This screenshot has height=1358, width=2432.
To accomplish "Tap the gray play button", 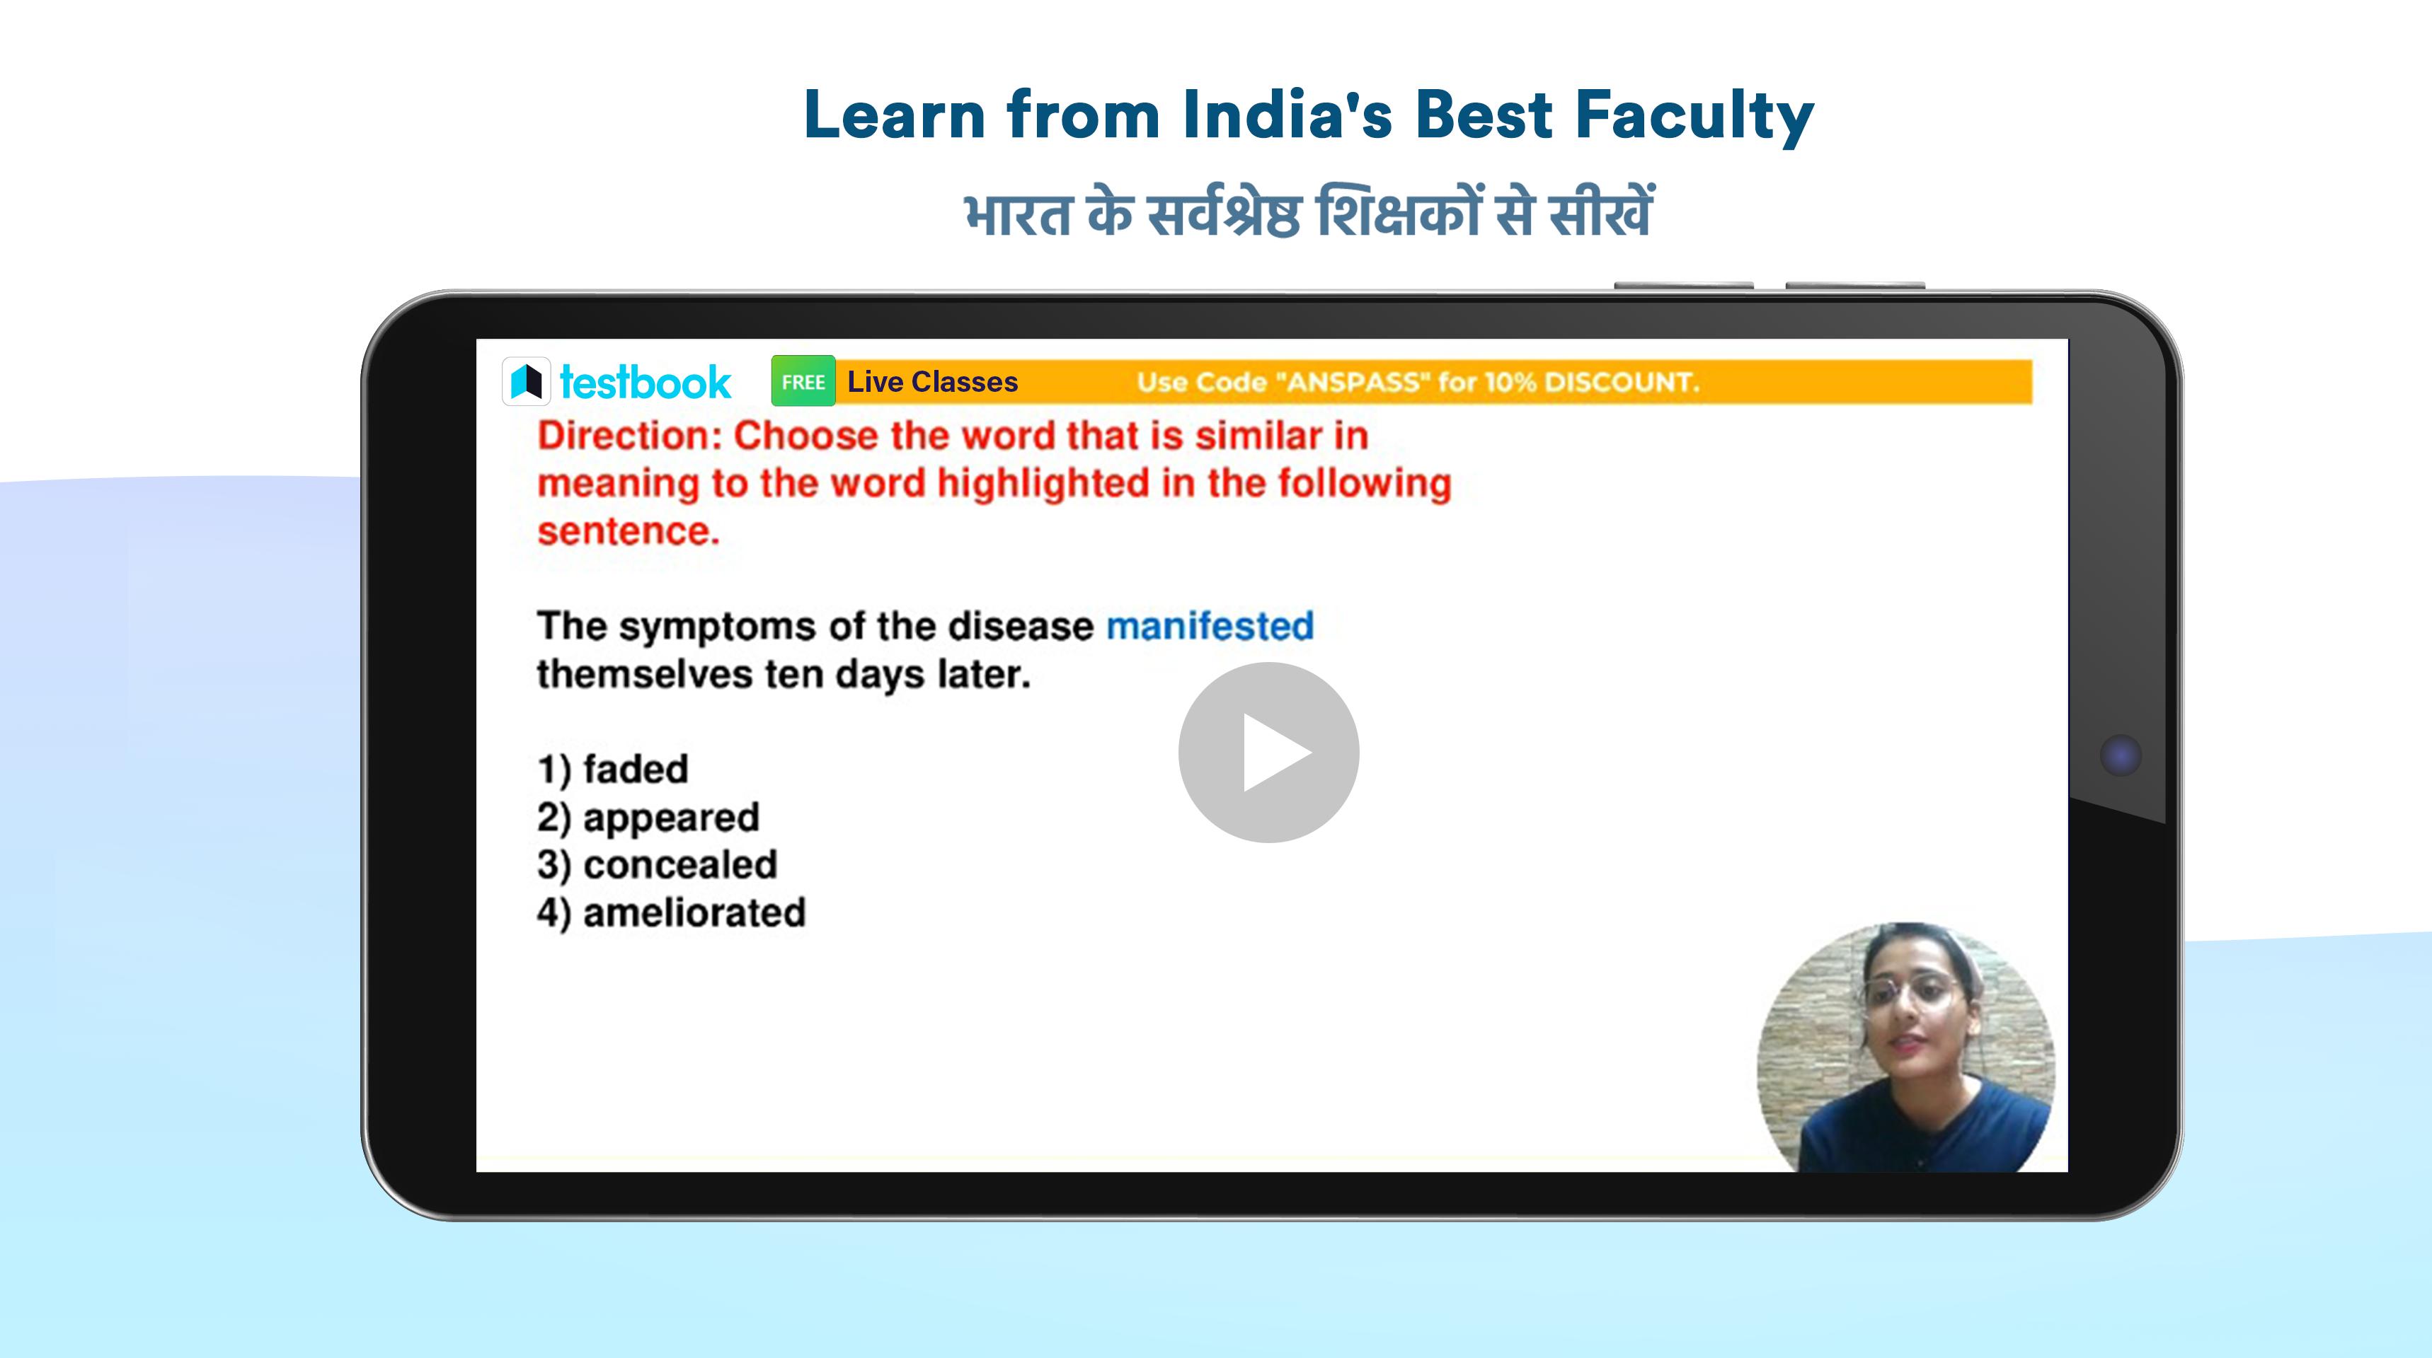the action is pos(1268,752).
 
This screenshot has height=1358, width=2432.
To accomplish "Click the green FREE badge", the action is pos(803,381).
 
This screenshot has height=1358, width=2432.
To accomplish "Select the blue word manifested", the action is pos(1210,626).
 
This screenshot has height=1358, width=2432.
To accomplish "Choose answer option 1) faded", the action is pos(613,769).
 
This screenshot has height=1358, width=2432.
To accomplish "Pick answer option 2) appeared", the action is pos(648,817).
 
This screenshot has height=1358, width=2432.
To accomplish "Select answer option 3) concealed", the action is pos(657,864).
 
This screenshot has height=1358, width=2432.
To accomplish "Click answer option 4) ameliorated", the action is pos(671,912).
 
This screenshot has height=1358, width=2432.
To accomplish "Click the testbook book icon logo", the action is pos(526,381).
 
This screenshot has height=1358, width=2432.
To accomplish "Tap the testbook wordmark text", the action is pos(646,382).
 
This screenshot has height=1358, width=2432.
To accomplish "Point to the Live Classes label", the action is pos(933,381).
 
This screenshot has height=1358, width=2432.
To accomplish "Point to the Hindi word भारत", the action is pos(1018,214).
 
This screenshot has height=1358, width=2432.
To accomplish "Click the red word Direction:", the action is pos(630,435).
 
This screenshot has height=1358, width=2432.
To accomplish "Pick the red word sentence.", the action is pos(629,530).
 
